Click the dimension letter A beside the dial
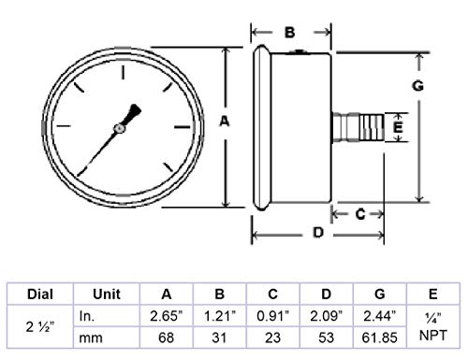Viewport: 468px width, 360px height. pos(224,122)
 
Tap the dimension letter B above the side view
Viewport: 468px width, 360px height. pos(290,33)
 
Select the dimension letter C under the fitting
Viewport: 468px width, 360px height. pos(359,214)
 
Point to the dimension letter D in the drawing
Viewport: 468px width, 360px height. pos(316,234)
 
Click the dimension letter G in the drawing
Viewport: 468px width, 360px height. pos(418,86)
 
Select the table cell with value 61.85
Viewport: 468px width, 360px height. pos(384,336)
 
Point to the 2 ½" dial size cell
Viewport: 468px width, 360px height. pos(38,324)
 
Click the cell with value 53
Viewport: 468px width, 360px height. pos(329,336)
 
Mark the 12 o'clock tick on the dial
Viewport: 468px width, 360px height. pos(122,70)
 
